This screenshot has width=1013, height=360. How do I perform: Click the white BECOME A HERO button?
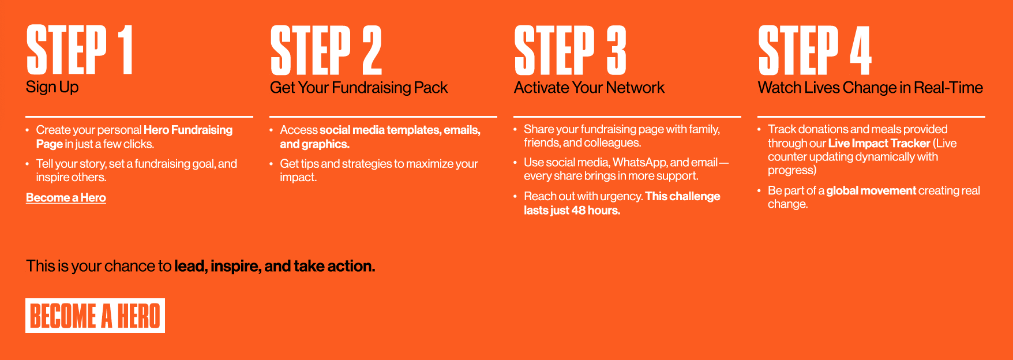(95, 316)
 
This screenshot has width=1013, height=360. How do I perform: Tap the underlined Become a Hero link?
(66, 198)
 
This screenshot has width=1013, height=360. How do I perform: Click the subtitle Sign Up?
(52, 87)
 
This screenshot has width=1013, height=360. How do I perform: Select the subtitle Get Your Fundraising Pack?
(359, 88)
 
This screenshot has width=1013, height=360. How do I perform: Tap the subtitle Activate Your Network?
(589, 88)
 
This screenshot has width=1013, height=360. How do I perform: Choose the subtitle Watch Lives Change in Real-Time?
(871, 88)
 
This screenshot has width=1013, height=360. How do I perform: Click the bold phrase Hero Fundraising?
(188, 130)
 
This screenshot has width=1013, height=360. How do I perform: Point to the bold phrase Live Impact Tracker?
(879, 143)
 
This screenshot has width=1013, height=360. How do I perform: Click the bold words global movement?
(871, 190)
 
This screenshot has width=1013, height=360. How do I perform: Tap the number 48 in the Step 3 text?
(578, 211)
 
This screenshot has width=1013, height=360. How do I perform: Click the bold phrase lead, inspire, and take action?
(275, 266)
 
